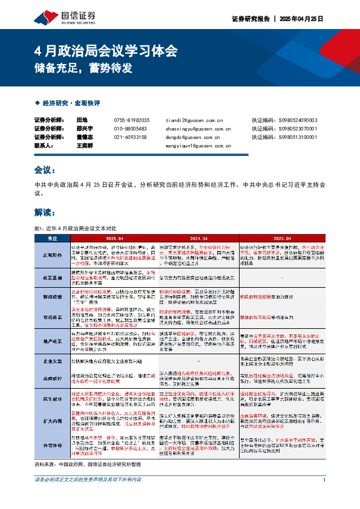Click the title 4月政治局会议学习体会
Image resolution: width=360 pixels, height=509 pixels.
[x=106, y=50]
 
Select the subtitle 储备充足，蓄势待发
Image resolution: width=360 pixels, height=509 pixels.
[x=83, y=68]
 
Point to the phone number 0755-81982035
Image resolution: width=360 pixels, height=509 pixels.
[x=131, y=120]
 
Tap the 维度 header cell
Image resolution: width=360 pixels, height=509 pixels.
[x=53, y=238]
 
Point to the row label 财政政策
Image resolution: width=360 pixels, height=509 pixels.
[x=53, y=297]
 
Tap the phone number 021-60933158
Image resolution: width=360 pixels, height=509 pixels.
[x=131, y=137]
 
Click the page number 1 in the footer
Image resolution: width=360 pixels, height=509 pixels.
[x=325, y=497]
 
